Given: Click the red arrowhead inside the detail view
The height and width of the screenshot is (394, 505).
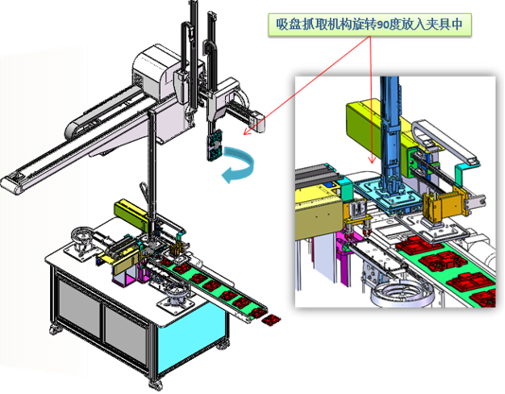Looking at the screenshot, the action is [373, 160].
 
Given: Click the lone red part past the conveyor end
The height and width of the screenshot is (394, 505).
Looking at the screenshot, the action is [270, 320].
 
